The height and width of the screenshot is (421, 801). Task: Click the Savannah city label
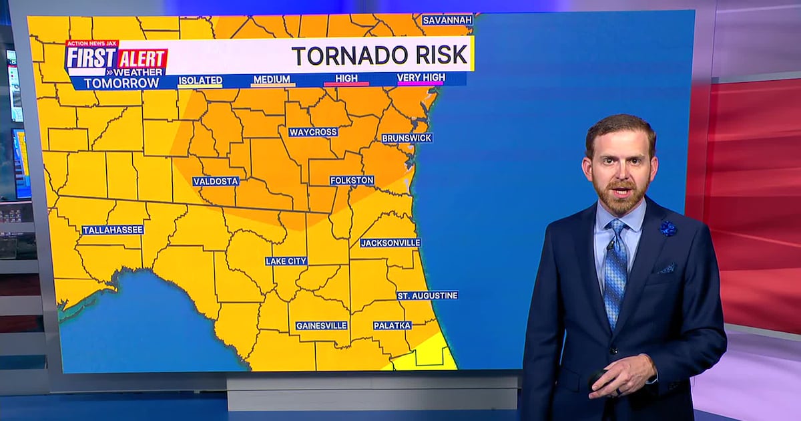click(x=447, y=20)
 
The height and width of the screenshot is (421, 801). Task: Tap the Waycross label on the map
click(x=313, y=132)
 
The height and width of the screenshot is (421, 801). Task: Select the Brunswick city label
click(x=407, y=138)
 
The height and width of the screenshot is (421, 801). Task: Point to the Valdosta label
click(x=216, y=181)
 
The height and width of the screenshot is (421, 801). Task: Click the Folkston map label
click(x=352, y=180)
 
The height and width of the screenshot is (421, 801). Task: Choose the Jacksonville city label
click(x=390, y=243)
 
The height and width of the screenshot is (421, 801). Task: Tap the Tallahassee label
click(x=113, y=230)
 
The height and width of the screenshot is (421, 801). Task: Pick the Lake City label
click(x=286, y=261)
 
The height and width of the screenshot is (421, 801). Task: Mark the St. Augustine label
click(x=428, y=295)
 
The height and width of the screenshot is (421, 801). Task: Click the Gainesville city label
click(x=322, y=325)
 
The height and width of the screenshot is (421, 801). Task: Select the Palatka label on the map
click(x=392, y=325)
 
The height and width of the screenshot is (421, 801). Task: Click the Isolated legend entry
click(x=200, y=80)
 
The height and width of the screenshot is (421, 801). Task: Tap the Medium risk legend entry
click(x=272, y=80)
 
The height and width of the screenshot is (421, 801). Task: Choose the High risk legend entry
click(x=346, y=79)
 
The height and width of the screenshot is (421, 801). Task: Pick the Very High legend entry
click(x=421, y=78)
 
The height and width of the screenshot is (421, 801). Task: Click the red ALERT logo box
click(x=143, y=59)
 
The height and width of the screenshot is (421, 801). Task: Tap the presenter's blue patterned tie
click(x=615, y=274)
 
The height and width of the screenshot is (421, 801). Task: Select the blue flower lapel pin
click(x=667, y=229)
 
